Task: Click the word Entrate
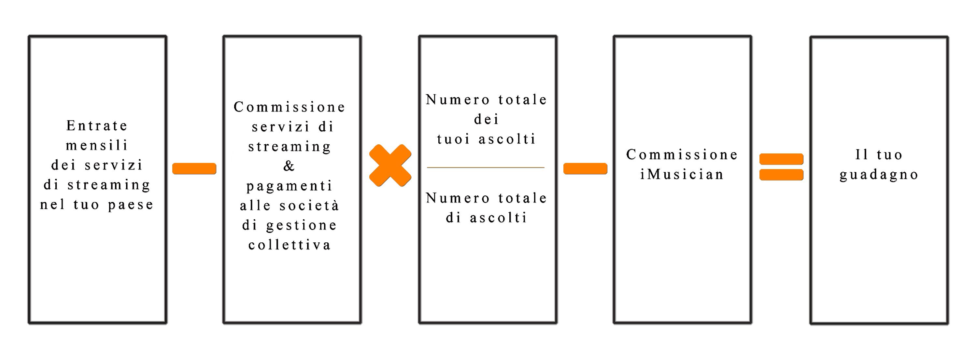[97, 125]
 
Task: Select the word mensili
[97, 145]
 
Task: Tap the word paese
[131, 205]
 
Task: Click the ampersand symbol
[289, 166]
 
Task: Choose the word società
[309, 205]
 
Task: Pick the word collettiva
[290, 245]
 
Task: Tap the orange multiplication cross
[390, 166]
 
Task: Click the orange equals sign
[781, 166]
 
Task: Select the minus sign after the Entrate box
[194, 168]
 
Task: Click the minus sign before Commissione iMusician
[585, 168]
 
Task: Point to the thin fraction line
[486, 167]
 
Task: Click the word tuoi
[454, 139]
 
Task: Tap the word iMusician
[682, 175]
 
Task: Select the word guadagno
[879, 175]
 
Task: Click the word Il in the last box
[861, 155]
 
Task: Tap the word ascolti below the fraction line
[498, 218]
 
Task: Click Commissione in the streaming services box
[290, 107]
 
